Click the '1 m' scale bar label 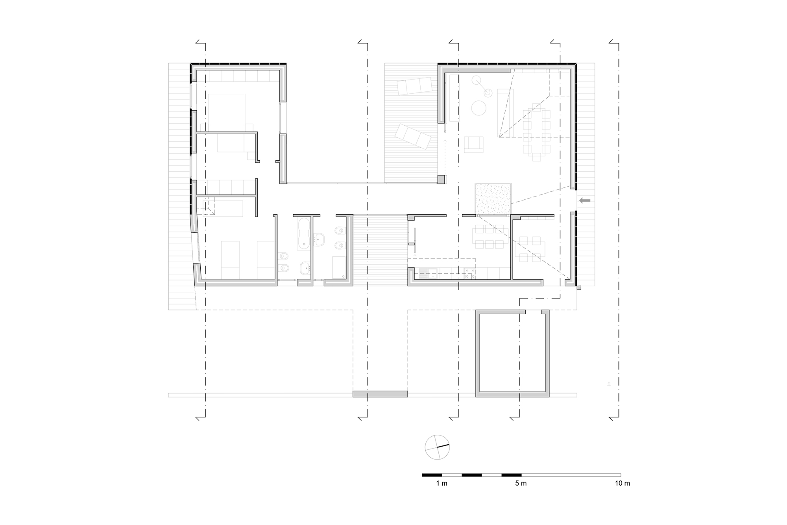pos(442,483)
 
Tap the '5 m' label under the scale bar pos(521,483)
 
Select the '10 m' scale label pos(622,483)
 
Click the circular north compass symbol pos(437,447)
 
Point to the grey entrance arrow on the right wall pos(585,200)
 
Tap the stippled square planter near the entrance pos(493,200)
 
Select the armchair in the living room pos(474,144)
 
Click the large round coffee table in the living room pos(478,108)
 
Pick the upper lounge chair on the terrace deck pos(415,86)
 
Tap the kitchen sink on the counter pos(427,273)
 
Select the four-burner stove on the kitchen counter pos(469,273)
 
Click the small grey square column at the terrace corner pos(441,180)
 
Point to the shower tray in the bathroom pos(338,267)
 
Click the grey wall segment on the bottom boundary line pos(380,394)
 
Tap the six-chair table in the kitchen pos(490,237)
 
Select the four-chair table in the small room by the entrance pos(530,249)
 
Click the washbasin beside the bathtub pos(320,239)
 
